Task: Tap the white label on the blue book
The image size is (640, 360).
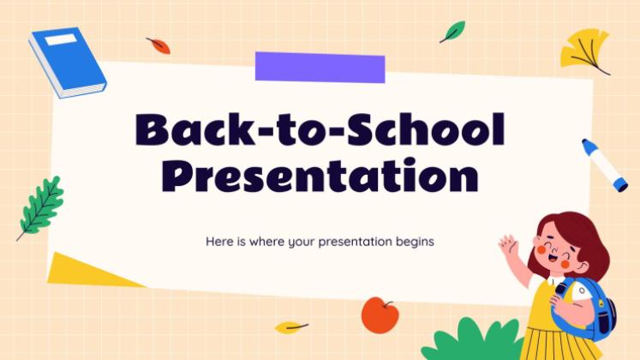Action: [60, 39]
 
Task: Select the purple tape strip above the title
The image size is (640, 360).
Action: [320, 67]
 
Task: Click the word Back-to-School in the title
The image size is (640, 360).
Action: [320, 130]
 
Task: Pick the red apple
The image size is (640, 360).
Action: [379, 315]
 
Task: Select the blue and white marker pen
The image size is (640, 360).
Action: [604, 165]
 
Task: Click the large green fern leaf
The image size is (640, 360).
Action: [41, 207]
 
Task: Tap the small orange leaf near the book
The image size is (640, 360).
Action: [158, 45]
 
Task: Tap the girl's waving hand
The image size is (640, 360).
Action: [509, 247]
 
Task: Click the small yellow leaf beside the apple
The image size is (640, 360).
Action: [290, 327]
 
